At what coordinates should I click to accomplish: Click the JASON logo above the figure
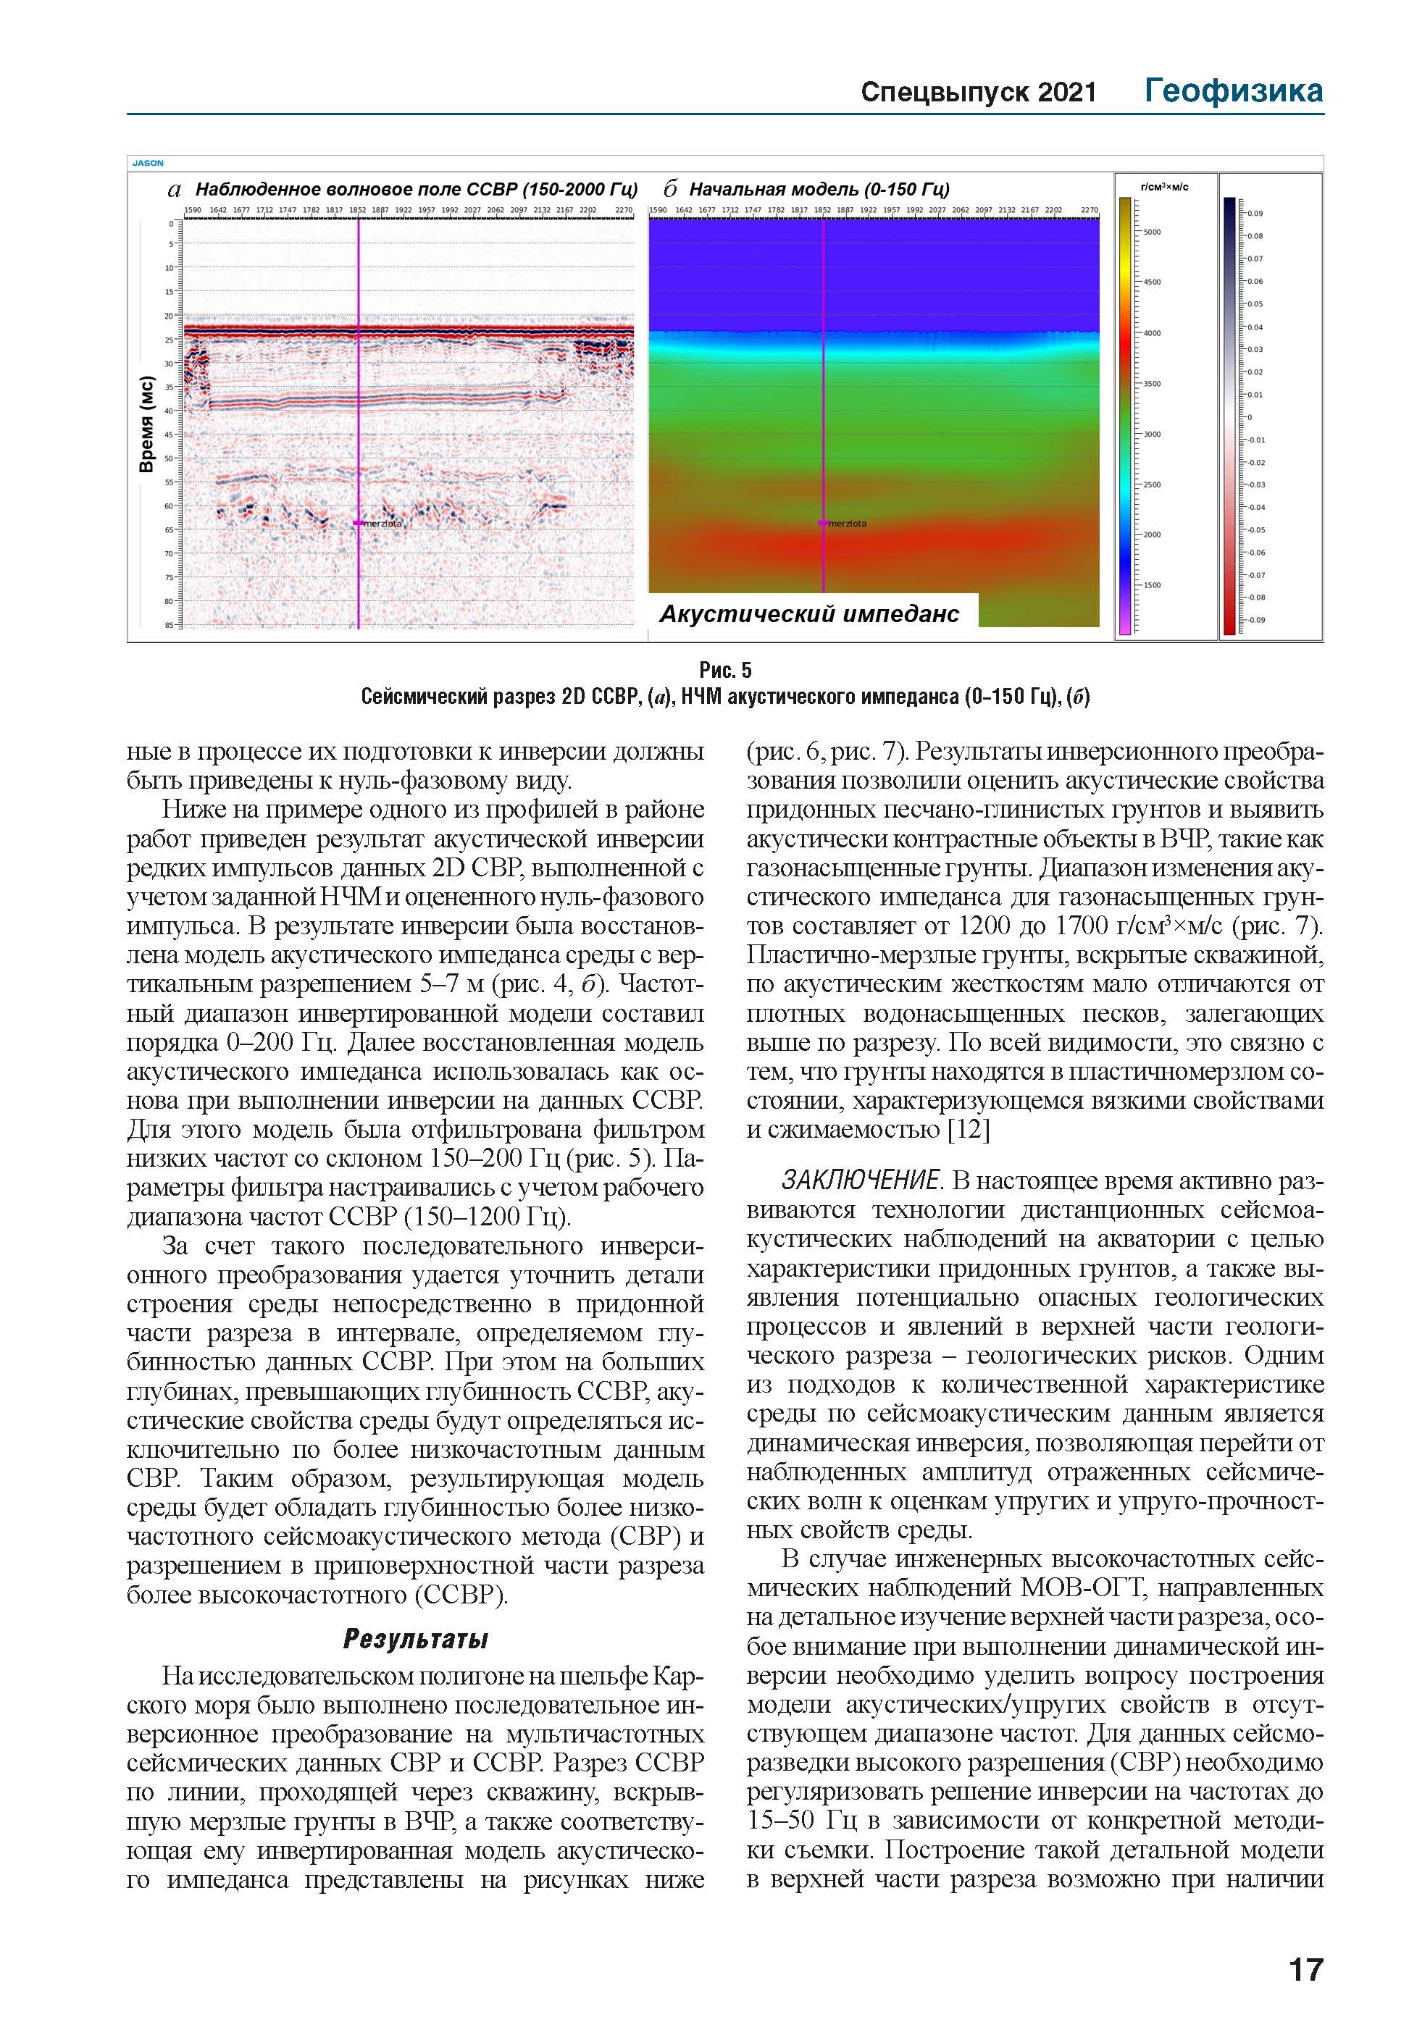click(x=148, y=162)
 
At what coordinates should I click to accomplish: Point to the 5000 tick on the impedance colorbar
click(x=1152, y=232)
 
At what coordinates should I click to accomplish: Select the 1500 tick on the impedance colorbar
click(x=1152, y=585)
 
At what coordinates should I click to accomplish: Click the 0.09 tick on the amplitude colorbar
click(x=1255, y=214)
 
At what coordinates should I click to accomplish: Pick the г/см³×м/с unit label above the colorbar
click(x=1164, y=187)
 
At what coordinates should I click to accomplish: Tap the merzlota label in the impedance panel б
click(x=848, y=524)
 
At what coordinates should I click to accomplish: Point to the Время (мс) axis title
click(x=146, y=424)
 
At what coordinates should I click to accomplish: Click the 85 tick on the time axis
click(x=168, y=625)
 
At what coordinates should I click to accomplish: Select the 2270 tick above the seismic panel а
click(x=623, y=210)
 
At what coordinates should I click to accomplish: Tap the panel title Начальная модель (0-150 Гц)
click(x=819, y=189)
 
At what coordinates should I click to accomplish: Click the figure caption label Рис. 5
click(x=725, y=670)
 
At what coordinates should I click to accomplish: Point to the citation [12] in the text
click(x=969, y=1130)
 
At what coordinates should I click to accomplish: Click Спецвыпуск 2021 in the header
click(x=978, y=93)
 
